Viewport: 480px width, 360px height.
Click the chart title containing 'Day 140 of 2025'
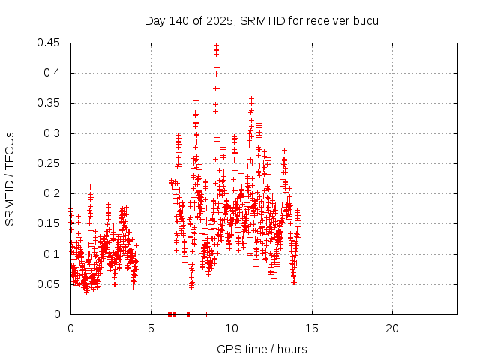[261, 20]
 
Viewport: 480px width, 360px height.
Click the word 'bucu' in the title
[365, 20]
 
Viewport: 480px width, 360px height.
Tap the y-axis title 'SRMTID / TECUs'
[10, 178]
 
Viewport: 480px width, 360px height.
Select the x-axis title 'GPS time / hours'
[262, 349]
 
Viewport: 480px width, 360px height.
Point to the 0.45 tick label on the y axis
[49, 43]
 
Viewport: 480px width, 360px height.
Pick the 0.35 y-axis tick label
[49, 103]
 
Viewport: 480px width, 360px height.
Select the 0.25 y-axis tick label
[49, 163]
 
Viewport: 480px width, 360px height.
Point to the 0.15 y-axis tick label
[49, 223]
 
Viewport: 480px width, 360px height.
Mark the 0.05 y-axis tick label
[49, 284]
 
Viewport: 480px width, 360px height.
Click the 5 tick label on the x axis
[151, 328]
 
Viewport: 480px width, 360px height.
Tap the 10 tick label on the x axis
[232, 328]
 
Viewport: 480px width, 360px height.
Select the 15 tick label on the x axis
[312, 328]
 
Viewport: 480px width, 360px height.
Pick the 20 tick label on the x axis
[392, 328]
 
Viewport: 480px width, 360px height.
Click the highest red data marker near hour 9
[216, 46]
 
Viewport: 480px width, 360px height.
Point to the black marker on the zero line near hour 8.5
[207, 314]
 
